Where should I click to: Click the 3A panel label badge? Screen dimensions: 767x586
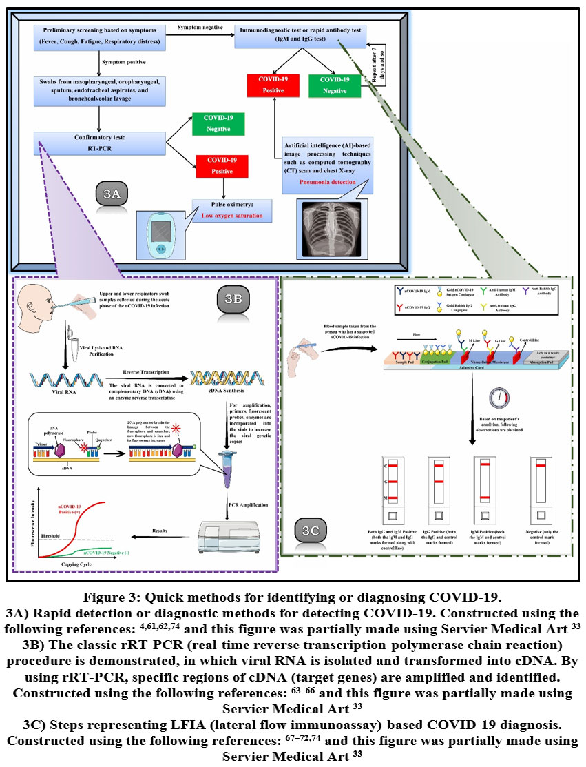click(112, 194)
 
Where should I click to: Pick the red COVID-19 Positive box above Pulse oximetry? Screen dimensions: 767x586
click(222, 166)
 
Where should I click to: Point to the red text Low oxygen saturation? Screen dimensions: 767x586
click(232, 216)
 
